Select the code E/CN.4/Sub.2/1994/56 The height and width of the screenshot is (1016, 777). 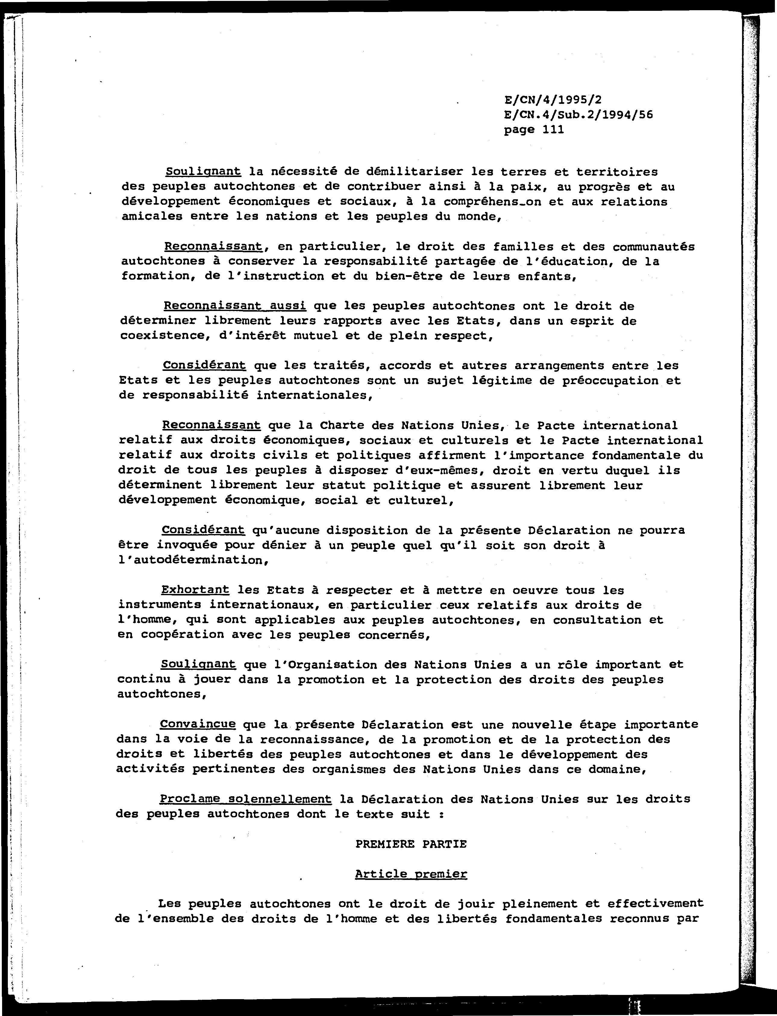point(578,115)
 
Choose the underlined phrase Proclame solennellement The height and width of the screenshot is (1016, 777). point(246,799)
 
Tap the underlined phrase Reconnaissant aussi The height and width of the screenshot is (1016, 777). point(234,306)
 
